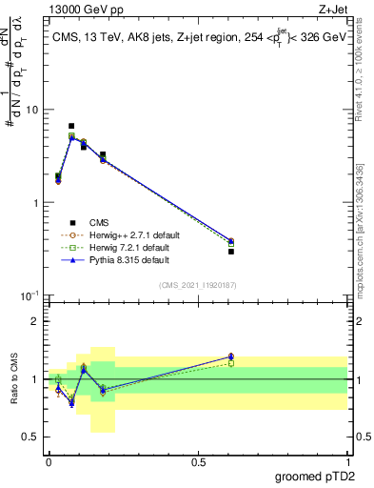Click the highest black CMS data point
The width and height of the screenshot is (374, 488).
(x=71, y=126)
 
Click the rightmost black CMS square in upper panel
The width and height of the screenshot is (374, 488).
(x=231, y=251)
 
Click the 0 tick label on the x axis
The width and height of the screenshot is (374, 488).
(x=49, y=461)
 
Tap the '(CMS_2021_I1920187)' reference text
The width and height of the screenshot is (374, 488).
(x=197, y=284)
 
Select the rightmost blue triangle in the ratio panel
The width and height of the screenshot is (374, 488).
(x=231, y=356)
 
